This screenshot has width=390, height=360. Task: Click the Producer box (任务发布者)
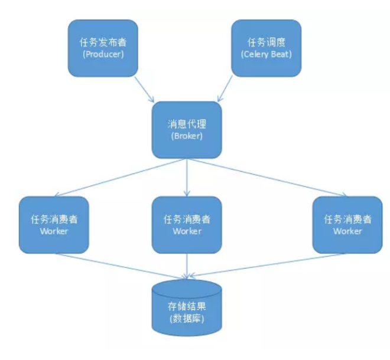(103, 48)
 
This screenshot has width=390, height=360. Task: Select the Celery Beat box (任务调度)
(266, 48)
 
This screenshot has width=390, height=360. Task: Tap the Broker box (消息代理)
(187, 129)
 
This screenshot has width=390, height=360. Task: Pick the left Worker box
(54, 224)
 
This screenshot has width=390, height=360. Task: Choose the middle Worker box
(187, 224)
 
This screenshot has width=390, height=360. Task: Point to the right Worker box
(347, 224)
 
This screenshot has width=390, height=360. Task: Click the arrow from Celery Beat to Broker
(231, 89)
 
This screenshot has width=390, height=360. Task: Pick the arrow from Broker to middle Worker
(187, 177)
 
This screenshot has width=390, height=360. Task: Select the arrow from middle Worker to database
(187, 266)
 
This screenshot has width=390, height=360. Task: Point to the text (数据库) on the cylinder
(187, 320)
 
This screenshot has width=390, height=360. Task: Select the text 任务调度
(266, 42)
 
